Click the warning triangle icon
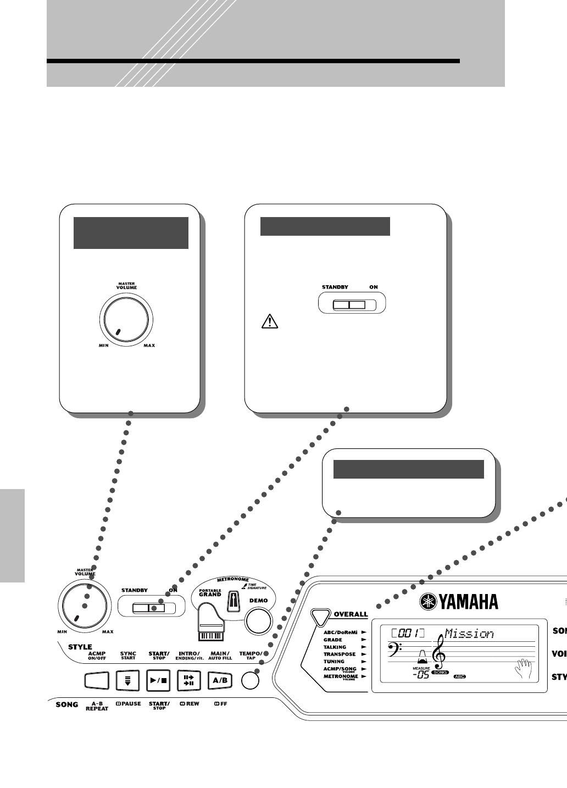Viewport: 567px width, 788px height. [269, 321]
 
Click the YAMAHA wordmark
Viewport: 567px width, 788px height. [459, 602]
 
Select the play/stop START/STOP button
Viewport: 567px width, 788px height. [159, 680]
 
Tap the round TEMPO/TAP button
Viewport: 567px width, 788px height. [251, 680]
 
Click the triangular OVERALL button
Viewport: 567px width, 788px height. [319, 616]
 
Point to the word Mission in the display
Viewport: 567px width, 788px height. [469, 634]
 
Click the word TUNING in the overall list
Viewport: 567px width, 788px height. [333, 662]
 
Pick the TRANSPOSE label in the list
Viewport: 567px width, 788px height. [339, 654]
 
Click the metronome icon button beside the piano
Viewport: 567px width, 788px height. [233, 602]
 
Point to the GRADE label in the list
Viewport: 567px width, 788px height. [332, 640]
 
